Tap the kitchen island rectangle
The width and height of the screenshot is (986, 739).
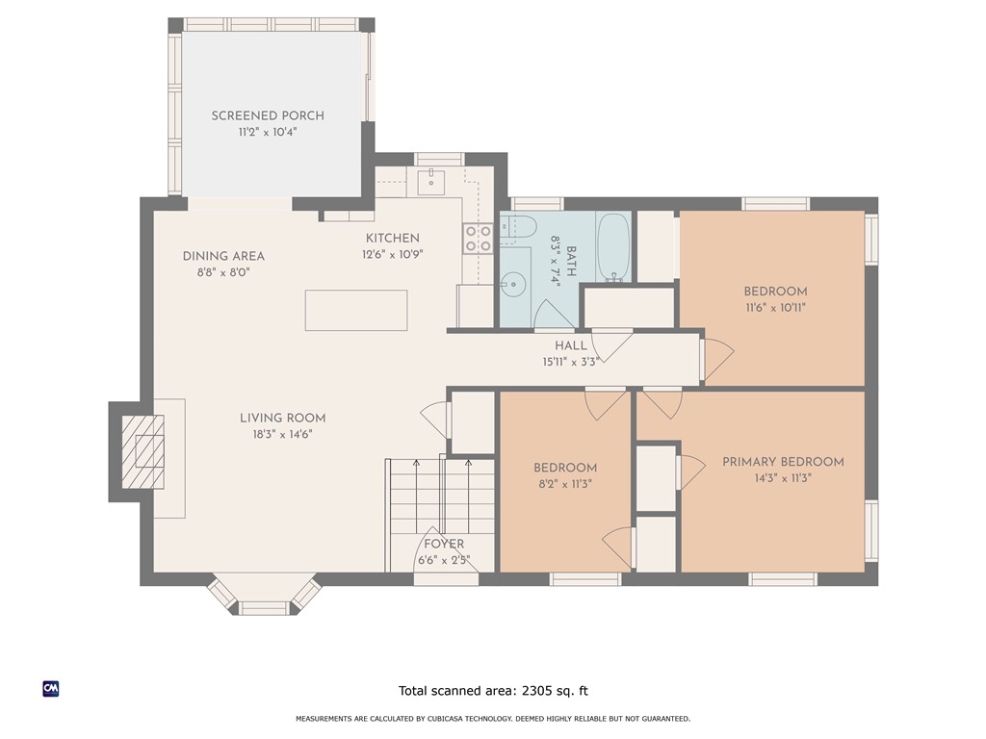[x=356, y=310]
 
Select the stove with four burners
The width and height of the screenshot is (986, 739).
[x=479, y=239]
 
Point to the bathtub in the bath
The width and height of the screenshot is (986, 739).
[x=613, y=246]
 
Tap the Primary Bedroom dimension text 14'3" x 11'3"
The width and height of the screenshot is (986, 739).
[x=784, y=478]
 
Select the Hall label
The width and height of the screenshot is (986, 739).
[x=570, y=346]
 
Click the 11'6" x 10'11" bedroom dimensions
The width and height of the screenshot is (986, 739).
[x=775, y=308]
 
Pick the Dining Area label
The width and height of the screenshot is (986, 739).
[x=223, y=256]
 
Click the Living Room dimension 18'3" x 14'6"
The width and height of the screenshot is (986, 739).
[x=282, y=434]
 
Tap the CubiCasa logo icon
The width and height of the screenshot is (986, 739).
[x=51, y=688]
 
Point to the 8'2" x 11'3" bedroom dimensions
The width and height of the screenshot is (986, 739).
[x=565, y=484]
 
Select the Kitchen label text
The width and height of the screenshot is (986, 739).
[x=392, y=238]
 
